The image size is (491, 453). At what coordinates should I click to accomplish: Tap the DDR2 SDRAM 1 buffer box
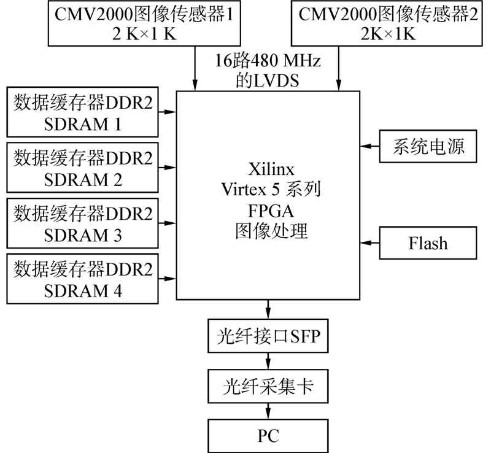[82, 112]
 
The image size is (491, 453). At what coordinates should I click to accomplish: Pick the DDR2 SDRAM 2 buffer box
[82, 168]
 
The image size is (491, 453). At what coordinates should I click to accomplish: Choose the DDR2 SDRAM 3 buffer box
[82, 223]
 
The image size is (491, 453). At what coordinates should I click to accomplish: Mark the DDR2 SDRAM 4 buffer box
[82, 279]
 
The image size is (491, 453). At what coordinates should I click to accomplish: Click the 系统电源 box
[428, 146]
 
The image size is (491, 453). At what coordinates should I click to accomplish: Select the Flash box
[428, 242]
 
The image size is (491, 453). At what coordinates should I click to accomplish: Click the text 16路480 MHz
[268, 61]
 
